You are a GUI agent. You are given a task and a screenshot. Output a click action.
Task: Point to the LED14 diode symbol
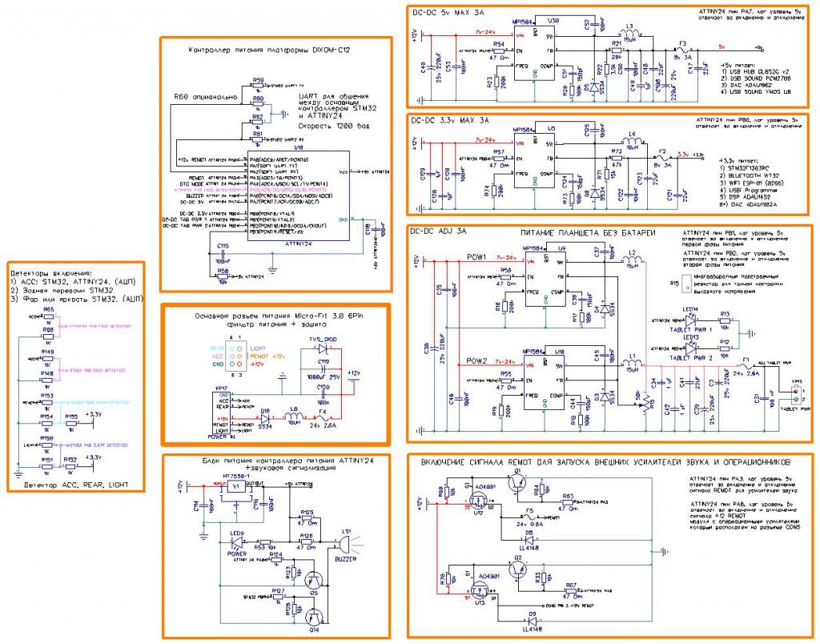(x=690, y=318)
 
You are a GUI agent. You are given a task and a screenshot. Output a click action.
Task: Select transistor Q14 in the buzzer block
(x=312, y=616)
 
